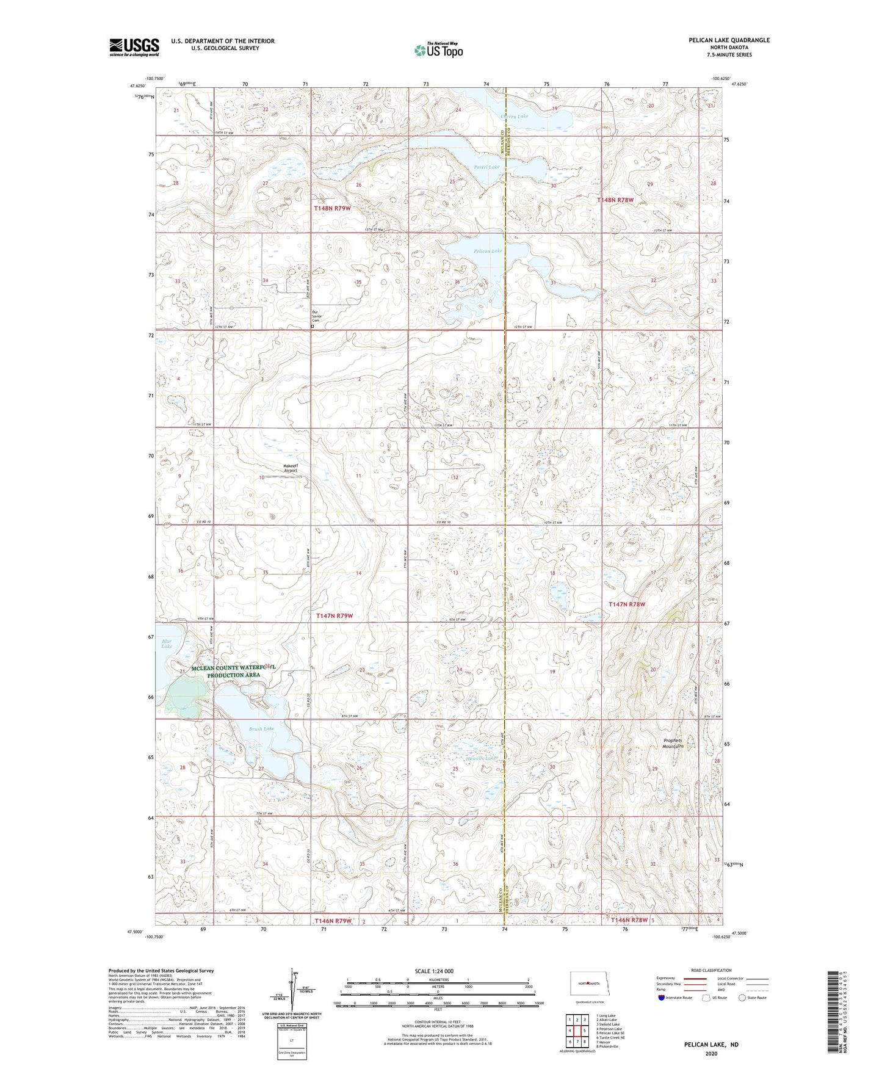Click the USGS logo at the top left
pyautogui.click(x=134, y=46)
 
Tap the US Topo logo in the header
pyautogui.click(x=438, y=50)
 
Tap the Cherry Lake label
pyautogui.click(x=514, y=116)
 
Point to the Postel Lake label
pyautogui.click(x=486, y=167)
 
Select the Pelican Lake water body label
pyautogui.click(x=488, y=251)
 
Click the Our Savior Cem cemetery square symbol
pyautogui.click(x=313, y=327)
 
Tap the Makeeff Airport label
pyautogui.click(x=291, y=468)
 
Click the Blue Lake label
pyautogui.click(x=167, y=644)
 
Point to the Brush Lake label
pyautogui.click(x=261, y=728)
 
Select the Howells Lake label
pyautogui.click(x=481, y=758)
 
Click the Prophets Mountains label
pyautogui.click(x=673, y=744)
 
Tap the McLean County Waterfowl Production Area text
pyautogui.click(x=234, y=672)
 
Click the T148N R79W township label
pyautogui.click(x=332, y=208)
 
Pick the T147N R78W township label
pyautogui.click(x=626, y=604)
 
